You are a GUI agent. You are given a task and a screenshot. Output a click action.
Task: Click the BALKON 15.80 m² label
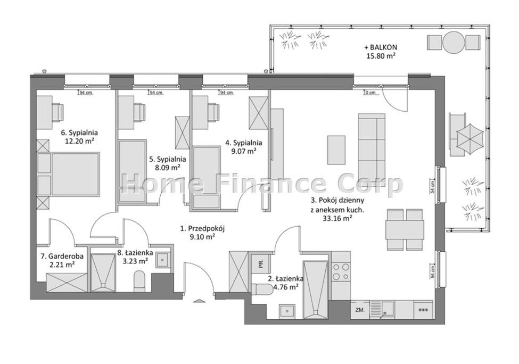(x=381, y=52)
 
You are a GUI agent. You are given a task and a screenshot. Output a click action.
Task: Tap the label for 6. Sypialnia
(x=79, y=137)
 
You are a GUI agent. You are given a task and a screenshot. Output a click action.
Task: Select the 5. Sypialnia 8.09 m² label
(x=168, y=163)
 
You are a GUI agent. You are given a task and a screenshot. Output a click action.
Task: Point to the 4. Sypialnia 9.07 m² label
(x=244, y=147)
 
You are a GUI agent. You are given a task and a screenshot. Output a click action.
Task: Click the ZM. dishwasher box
(x=360, y=310)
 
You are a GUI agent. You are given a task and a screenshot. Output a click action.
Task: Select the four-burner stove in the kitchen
(x=341, y=271)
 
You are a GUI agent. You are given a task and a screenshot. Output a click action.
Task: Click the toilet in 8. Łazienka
(x=139, y=282)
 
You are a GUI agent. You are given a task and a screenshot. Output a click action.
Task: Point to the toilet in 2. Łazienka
(x=261, y=289)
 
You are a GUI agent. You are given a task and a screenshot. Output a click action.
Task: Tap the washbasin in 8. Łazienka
(x=162, y=260)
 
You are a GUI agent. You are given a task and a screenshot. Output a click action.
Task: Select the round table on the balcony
(x=453, y=42)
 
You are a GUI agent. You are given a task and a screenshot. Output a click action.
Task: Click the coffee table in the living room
(x=336, y=150)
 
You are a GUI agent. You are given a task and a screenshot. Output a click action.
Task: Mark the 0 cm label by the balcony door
(x=370, y=93)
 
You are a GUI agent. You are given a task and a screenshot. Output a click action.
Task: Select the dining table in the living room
(x=405, y=229)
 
